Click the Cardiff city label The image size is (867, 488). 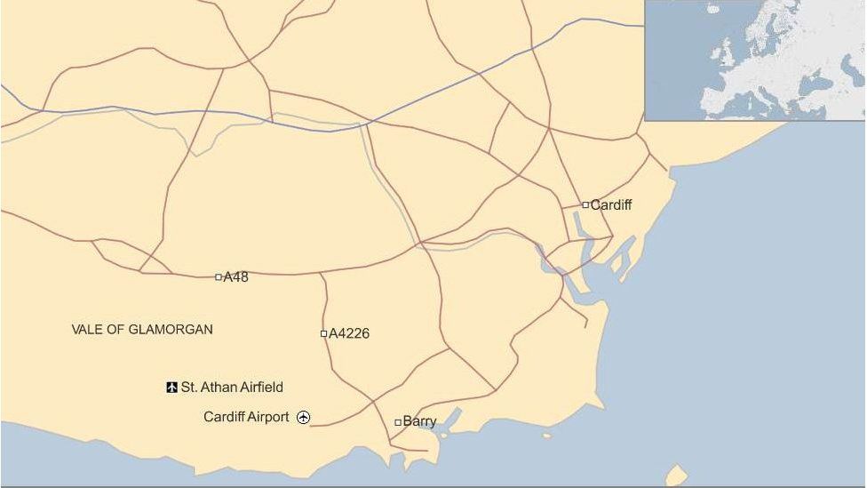[x=611, y=205]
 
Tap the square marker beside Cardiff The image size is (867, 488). [x=585, y=204]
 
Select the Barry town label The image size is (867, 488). [x=419, y=421]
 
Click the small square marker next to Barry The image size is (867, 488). [x=398, y=422]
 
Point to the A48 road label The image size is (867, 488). [x=236, y=277]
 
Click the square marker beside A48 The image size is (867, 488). [x=219, y=277]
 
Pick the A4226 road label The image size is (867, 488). [x=349, y=334]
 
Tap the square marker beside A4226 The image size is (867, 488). [x=323, y=334]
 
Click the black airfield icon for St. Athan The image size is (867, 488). [x=171, y=387]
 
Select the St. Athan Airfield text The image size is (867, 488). [x=232, y=388]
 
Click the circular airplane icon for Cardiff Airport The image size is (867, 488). [x=304, y=417]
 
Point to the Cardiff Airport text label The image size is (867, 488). [x=246, y=417]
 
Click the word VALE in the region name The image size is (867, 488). [x=87, y=330]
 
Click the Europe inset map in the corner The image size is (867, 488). [x=755, y=60]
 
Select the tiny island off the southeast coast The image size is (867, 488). [x=677, y=475]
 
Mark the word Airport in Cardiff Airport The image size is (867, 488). [x=269, y=417]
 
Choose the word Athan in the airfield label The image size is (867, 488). [x=216, y=388]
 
